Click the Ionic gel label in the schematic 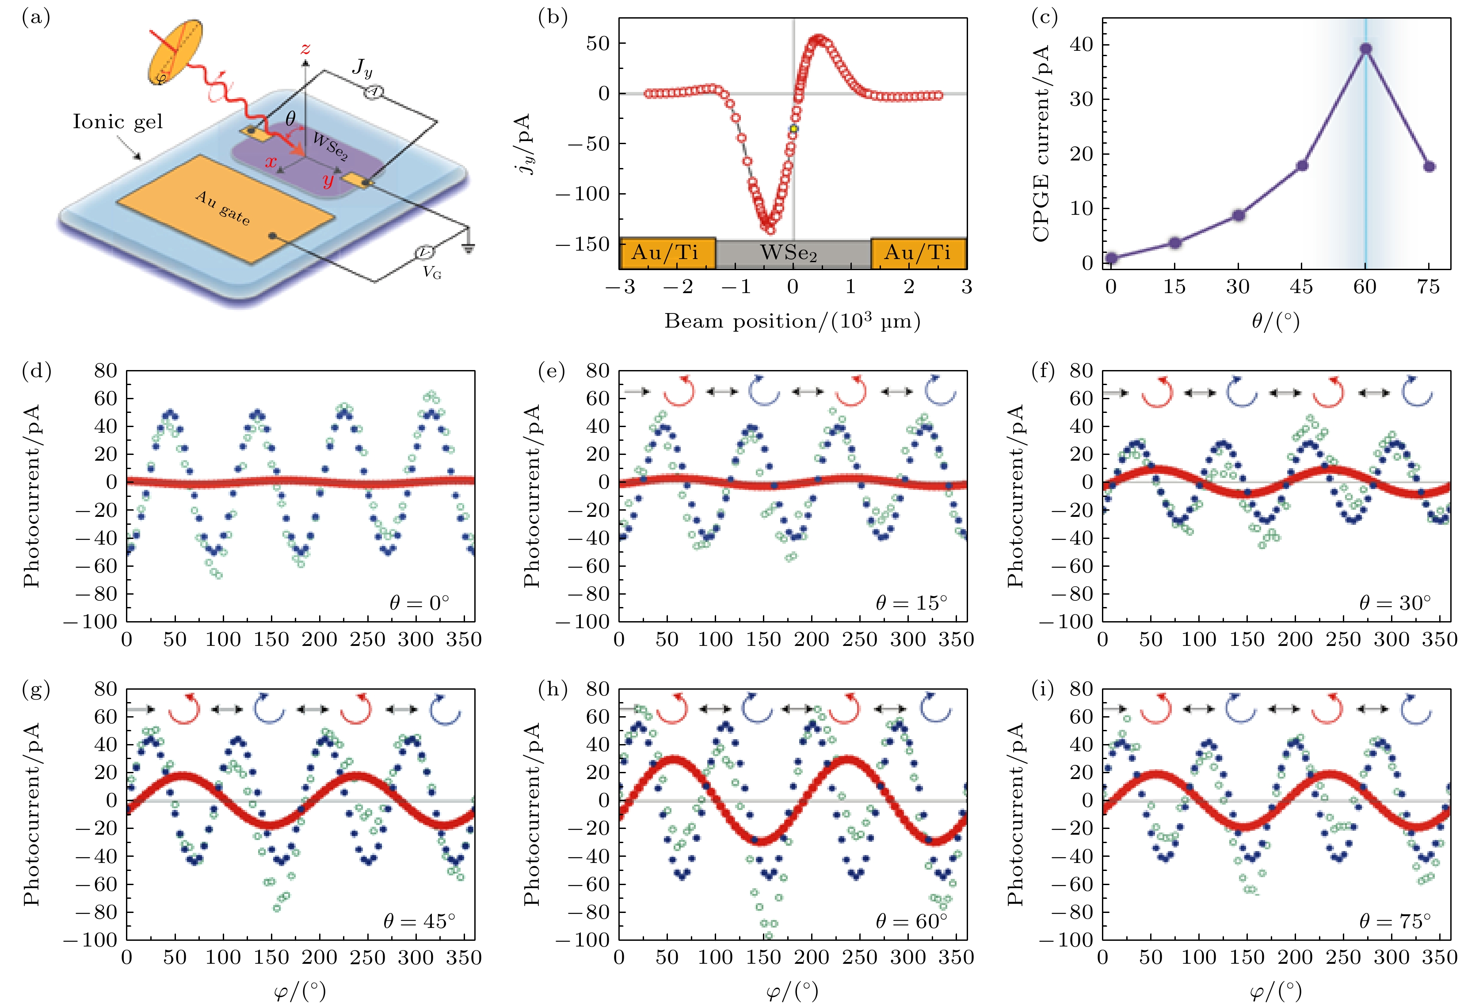pyautogui.click(x=118, y=122)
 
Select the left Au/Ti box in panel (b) pyautogui.click(x=667, y=253)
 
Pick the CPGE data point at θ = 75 pyautogui.click(x=1429, y=167)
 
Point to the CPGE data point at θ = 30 pyautogui.click(x=1239, y=215)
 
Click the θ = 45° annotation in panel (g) pyautogui.click(x=419, y=921)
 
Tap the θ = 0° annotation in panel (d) pyautogui.click(x=419, y=603)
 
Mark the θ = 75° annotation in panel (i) pyautogui.click(x=1395, y=921)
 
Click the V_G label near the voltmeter pyautogui.click(x=432, y=273)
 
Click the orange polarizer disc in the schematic pyautogui.click(x=175, y=52)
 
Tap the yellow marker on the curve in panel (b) pyautogui.click(x=793, y=129)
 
